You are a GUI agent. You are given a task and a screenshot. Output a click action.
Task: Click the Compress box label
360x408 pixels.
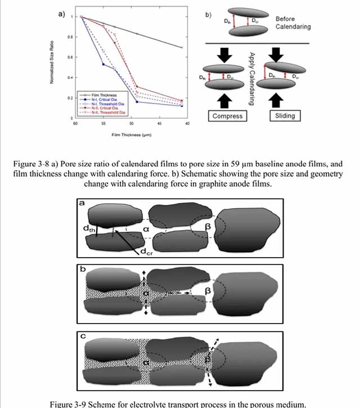pyautogui.click(x=228, y=116)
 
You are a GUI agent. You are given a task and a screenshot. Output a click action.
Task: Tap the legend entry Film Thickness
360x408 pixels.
pyautogui.click(x=100, y=95)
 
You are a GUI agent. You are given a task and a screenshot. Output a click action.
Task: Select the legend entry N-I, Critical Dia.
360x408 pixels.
pyautogui.click(x=102, y=99)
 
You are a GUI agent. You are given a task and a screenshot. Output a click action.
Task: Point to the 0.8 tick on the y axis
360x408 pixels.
pyautogui.click(x=70, y=37)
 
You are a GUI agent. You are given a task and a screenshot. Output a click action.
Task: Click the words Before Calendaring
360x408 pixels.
pyautogui.click(x=292, y=23)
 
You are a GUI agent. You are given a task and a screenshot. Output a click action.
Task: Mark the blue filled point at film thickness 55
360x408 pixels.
pyautogui.click(x=103, y=64)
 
